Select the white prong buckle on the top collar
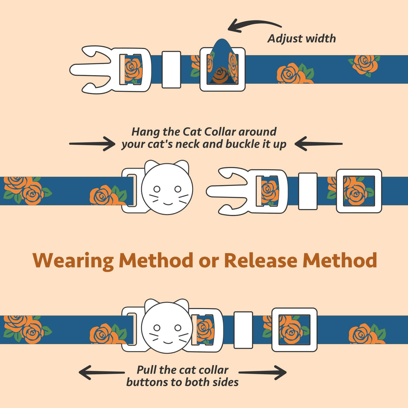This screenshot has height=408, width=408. coord(109,70)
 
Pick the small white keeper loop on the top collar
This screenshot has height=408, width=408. coord(171,70)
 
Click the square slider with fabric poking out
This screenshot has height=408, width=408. coord(222,69)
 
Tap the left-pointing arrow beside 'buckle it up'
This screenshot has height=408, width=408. coord(318,143)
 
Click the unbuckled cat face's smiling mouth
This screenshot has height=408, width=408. coord(167,203)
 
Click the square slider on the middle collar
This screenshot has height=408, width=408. coord(359,191)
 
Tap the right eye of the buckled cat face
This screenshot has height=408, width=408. coord(177,328)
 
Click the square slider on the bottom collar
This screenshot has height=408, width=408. coord(294,330)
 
